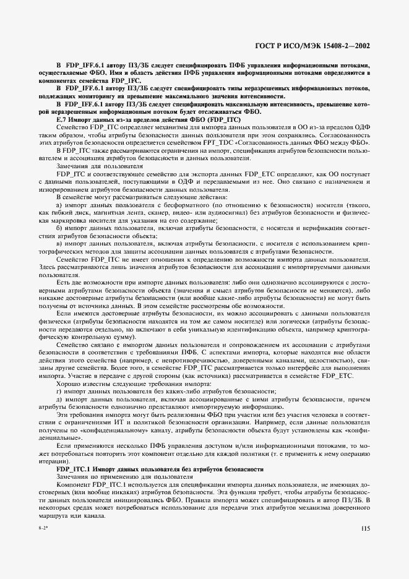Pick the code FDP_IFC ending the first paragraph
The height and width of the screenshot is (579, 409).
(126, 80)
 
